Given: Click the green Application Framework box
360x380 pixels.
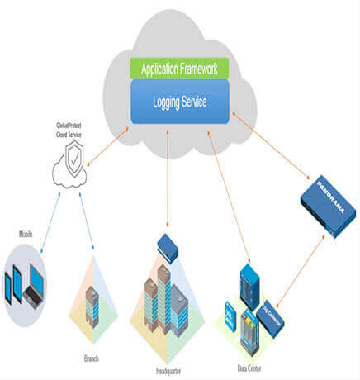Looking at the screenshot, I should click(178, 69).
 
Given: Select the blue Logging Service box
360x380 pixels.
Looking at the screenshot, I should click(178, 102).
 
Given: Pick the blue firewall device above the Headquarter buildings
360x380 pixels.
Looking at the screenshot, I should click(168, 245).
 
